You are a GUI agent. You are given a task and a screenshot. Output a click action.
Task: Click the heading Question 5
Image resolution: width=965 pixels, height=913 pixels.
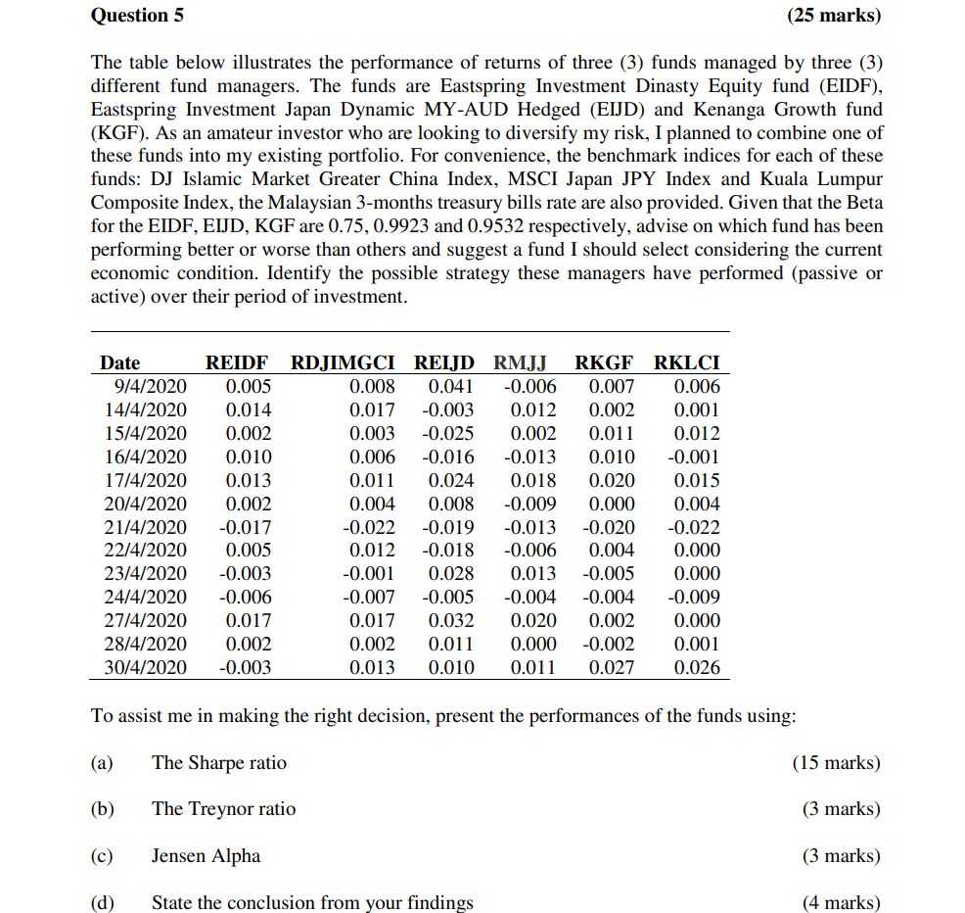pyautogui.click(x=137, y=16)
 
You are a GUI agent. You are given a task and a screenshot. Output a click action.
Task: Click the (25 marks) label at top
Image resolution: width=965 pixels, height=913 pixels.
pyautogui.click(x=833, y=16)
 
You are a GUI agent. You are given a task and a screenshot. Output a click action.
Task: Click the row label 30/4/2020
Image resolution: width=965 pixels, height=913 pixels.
pyautogui.click(x=146, y=668)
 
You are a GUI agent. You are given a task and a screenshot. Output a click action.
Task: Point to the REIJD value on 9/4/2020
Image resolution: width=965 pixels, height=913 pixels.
pyautogui.click(x=451, y=387)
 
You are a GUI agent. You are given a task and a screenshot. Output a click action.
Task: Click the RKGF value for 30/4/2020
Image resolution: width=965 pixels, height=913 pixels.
pyautogui.click(x=612, y=668)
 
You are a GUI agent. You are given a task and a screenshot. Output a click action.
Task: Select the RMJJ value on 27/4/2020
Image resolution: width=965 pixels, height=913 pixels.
pyautogui.click(x=533, y=621)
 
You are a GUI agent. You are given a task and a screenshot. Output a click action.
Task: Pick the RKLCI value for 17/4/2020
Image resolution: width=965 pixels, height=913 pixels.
pyautogui.click(x=697, y=481)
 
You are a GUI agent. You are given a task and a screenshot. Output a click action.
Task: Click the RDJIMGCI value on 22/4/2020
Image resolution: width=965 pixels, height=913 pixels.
pyautogui.click(x=373, y=551)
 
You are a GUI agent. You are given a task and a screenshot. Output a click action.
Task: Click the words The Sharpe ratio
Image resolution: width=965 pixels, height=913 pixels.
pyautogui.click(x=219, y=763)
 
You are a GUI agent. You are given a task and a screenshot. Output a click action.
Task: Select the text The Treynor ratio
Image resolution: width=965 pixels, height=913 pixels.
pyautogui.click(x=223, y=809)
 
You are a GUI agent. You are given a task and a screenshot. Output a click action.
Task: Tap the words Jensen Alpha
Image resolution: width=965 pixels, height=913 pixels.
pyautogui.click(x=206, y=856)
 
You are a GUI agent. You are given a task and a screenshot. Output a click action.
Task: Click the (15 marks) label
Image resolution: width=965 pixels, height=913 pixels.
pyautogui.click(x=836, y=763)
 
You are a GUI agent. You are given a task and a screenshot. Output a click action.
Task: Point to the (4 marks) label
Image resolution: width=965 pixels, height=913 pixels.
pyautogui.click(x=841, y=903)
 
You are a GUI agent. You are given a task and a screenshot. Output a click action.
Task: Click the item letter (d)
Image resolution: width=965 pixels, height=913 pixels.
pyautogui.click(x=102, y=903)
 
